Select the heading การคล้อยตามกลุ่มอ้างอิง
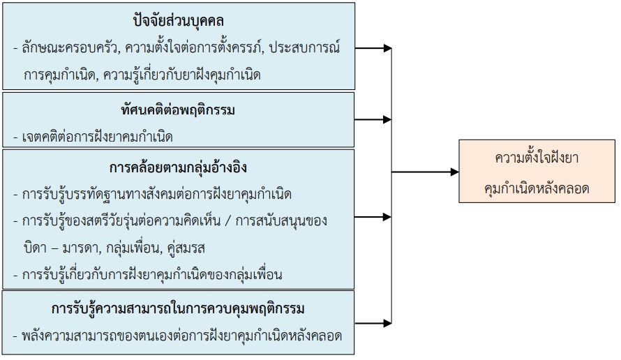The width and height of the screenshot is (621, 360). pos(178,167)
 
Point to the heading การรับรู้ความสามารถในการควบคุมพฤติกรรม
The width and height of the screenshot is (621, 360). pos(178,308)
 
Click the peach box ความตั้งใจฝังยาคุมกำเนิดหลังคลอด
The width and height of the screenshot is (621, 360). pos(537,172)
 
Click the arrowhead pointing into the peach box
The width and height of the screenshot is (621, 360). pos(455,172)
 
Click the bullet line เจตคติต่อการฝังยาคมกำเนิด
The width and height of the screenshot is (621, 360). pos(93,136)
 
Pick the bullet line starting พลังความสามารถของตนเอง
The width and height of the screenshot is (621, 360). pos(178,336)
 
